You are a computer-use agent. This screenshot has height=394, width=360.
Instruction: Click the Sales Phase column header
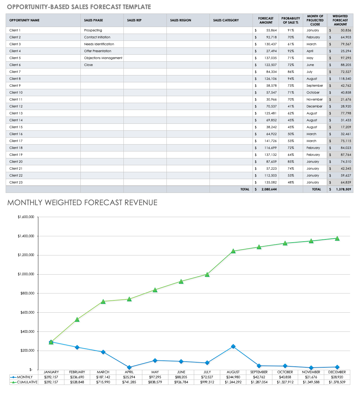93,20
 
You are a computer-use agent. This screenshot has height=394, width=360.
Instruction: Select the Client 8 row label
15,79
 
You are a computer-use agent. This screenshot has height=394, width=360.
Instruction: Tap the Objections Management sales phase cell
103,58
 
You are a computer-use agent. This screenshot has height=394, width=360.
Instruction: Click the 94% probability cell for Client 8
291,79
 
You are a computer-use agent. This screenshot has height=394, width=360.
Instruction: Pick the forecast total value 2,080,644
269,189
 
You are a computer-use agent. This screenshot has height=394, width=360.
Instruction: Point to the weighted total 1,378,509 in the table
343,189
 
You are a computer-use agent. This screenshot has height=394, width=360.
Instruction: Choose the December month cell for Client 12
314,106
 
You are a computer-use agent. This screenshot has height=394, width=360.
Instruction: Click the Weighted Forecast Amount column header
340,20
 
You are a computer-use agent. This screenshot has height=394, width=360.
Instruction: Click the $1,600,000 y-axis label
26,217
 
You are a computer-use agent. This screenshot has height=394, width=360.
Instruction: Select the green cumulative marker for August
233,251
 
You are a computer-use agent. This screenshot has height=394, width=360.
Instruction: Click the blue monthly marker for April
129,367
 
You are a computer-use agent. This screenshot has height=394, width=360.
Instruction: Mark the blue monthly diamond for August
233,346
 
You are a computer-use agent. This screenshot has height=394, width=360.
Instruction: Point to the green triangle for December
337,238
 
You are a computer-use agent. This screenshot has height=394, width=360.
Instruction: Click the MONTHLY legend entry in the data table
21,377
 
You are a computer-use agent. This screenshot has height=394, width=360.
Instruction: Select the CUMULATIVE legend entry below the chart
24,382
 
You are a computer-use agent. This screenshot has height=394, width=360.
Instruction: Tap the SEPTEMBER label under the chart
259,372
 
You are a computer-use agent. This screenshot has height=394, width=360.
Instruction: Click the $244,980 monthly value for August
233,377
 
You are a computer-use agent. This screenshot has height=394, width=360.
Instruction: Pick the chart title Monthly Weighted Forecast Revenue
82,203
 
